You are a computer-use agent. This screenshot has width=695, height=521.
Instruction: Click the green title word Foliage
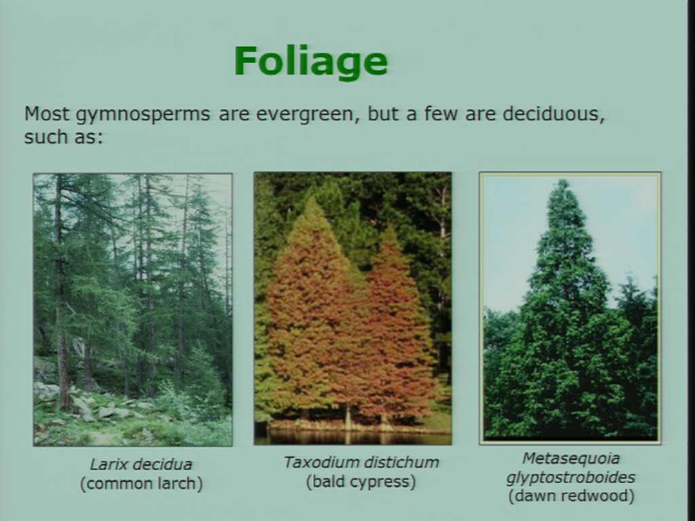coord(311,62)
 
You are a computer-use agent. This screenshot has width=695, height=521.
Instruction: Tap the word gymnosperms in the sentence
coord(143,115)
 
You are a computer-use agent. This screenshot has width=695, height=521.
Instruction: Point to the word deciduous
coord(554,114)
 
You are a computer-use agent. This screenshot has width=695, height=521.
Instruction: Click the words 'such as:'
coord(63,136)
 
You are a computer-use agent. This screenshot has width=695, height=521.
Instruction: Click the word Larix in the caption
coord(107,464)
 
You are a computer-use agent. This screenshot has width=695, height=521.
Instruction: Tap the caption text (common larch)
coord(141,483)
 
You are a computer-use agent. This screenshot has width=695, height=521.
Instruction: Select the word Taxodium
coord(317,462)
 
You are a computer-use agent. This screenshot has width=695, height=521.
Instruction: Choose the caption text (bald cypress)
coord(361,482)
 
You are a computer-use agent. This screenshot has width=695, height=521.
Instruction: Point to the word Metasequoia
coord(571,458)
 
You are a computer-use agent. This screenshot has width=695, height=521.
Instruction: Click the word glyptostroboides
coord(571,477)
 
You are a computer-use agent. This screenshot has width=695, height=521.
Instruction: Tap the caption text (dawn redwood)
coord(571,496)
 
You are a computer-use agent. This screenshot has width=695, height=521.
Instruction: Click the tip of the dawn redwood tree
coord(563,180)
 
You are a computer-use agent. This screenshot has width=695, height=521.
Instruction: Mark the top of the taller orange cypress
coord(314,199)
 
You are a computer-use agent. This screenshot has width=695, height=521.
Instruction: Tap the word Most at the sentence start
coord(47,114)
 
